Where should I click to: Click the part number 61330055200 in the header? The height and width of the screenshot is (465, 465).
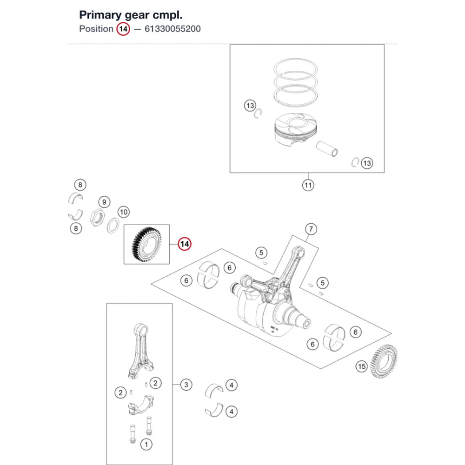coord(173,29)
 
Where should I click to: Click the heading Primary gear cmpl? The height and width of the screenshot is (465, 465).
coord(131,15)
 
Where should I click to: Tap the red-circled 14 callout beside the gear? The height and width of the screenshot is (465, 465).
coord(185,244)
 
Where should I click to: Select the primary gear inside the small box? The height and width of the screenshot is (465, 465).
coord(146,245)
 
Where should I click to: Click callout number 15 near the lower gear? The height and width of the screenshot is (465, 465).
coord(361,366)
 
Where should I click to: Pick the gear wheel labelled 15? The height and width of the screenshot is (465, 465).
coord(384,361)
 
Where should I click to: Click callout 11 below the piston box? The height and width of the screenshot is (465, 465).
coord(308,186)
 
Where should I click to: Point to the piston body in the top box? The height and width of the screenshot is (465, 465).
coord(295,129)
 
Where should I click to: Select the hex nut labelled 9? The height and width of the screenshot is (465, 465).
coord(97,217)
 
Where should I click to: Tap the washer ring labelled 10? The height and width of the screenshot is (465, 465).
coord(113,226)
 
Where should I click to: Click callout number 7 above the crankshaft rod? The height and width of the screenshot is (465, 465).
coord(311,229)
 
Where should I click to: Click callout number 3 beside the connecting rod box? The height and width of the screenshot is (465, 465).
coord(186,385)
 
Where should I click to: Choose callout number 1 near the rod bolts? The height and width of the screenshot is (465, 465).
coord(146,444)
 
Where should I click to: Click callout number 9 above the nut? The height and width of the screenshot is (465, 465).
coord(104,202)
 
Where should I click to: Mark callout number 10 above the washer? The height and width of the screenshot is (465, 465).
coord(124,212)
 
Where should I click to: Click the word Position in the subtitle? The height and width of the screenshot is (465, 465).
coord(96,29)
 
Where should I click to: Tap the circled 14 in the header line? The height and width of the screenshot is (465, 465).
coord(123,29)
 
